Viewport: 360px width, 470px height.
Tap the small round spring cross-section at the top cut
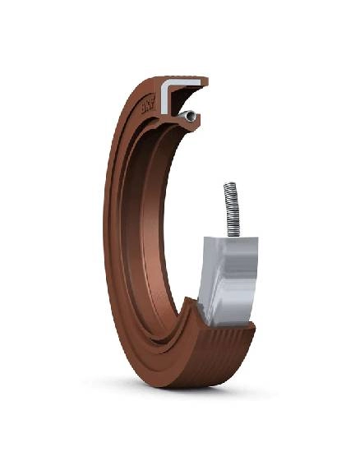pos(190,118)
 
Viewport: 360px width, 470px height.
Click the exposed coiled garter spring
pos(232,210)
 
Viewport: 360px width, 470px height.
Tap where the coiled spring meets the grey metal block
pos(233,236)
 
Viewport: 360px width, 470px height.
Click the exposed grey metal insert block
pos(227,279)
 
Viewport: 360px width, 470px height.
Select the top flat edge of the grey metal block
pos(231,239)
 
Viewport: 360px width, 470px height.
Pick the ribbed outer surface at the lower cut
pos(226,345)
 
